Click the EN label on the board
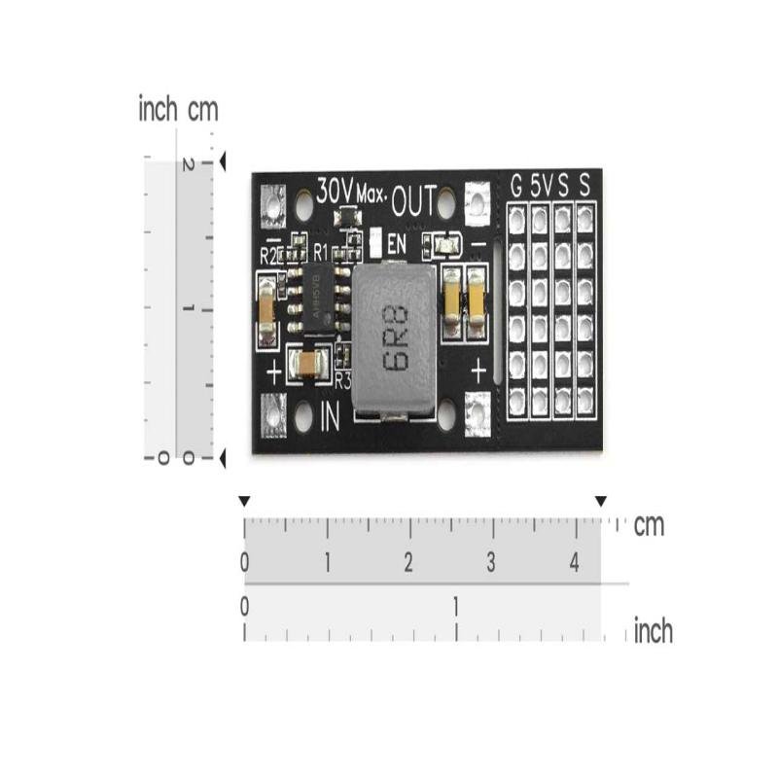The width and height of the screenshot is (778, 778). pyautogui.click(x=395, y=244)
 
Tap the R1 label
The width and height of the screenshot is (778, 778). pyautogui.click(x=320, y=252)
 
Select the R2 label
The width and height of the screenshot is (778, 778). pyautogui.click(x=269, y=256)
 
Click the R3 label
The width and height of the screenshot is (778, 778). pyautogui.click(x=341, y=380)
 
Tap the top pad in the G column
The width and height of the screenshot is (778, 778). pyautogui.click(x=516, y=220)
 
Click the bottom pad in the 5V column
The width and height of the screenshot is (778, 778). pyautogui.click(x=540, y=400)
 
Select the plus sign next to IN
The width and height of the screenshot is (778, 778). pyautogui.click(x=273, y=371)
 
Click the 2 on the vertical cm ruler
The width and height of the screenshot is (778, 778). pyautogui.click(x=184, y=165)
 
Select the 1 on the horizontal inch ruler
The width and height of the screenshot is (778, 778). pyautogui.click(x=455, y=606)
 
